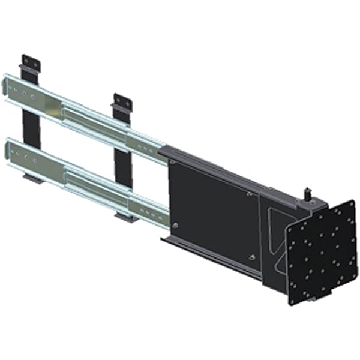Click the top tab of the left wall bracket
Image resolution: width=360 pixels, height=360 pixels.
tap(30, 62)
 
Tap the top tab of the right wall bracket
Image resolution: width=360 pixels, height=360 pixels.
tap(122, 101)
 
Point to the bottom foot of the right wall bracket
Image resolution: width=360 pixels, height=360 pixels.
tap(128, 217)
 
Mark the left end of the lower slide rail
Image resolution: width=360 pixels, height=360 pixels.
tap(8, 147)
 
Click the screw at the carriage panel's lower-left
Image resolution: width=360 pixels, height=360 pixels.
tap(175, 226)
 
